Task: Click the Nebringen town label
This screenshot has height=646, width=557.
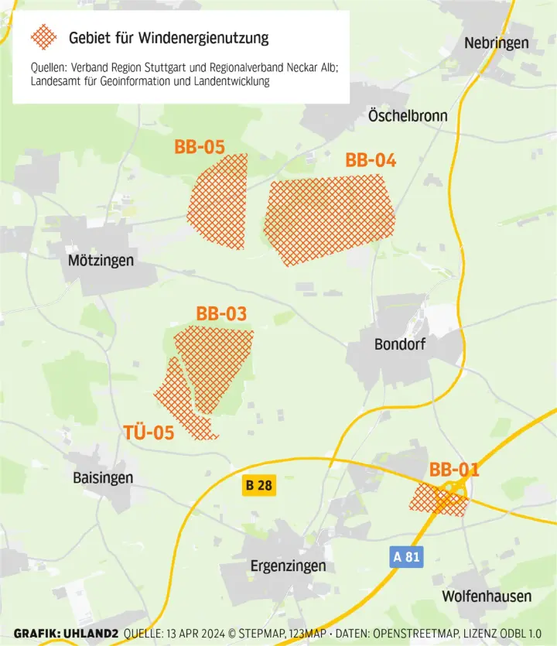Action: tap(496, 43)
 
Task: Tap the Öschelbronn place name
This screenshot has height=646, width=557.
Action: tap(408, 116)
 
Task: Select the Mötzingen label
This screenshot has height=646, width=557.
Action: tap(101, 261)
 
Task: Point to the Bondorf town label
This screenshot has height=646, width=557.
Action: tap(400, 344)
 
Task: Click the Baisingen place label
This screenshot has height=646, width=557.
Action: tap(103, 478)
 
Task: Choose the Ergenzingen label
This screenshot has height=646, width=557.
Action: tap(288, 567)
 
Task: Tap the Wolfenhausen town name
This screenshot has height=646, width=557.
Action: tap(487, 596)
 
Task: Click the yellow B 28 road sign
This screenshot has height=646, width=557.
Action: tap(259, 486)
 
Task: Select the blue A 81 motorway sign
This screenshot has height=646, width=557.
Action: tap(407, 556)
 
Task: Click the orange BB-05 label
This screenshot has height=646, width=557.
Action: tap(200, 147)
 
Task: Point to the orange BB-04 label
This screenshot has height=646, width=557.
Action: tap(371, 161)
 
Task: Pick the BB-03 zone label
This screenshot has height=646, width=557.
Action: tap(221, 314)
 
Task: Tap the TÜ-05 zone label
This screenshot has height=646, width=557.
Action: tap(149, 432)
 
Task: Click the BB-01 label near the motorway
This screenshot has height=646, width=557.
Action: tap(454, 470)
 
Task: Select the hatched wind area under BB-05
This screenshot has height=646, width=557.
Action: tap(219, 203)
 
